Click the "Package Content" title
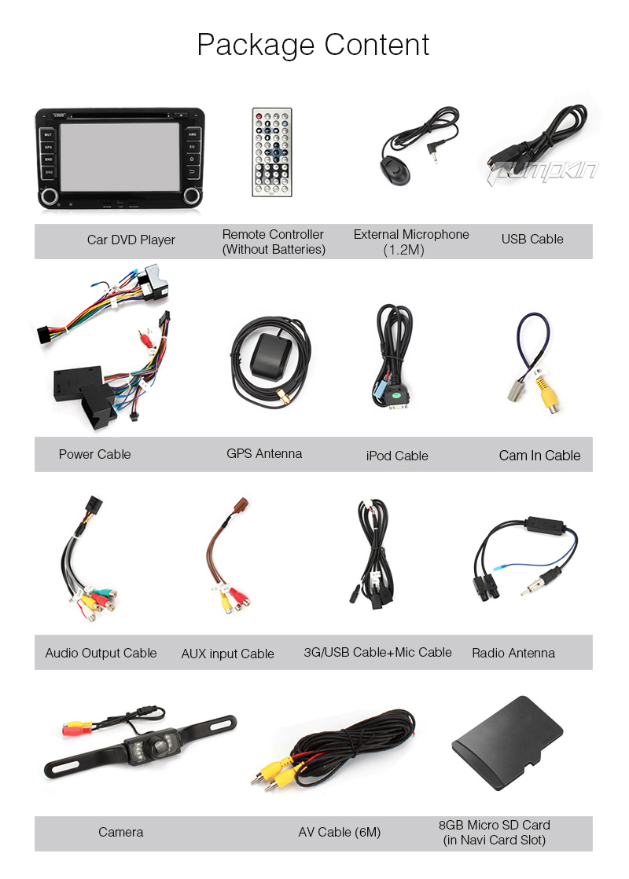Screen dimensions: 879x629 point(313,45)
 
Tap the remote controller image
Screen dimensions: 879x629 point(271,152)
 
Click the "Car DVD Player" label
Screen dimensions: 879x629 point(131,240)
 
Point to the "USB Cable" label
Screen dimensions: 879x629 point(532,239)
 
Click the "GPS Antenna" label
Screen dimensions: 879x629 point(264,453)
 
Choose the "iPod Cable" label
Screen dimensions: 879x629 point(397,456)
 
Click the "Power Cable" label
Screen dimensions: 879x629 point(94,454)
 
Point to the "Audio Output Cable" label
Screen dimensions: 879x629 point(101,653)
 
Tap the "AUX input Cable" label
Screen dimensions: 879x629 point(227,654)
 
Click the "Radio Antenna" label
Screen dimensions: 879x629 point(513,653)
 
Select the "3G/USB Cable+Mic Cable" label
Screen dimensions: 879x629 point(377,652)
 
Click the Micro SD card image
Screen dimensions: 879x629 point(506,744)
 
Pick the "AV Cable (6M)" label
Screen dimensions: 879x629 point(339,832)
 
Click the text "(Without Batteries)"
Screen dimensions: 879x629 point(273,250)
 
